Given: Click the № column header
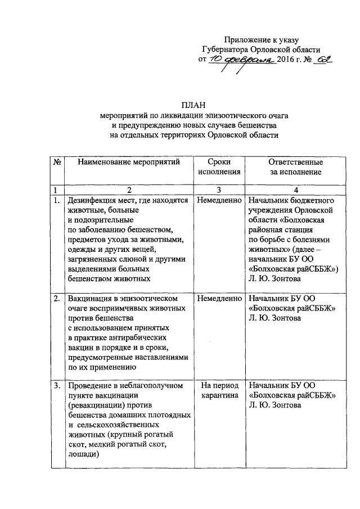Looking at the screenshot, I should [57, 162].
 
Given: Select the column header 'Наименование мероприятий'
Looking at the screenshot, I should [129, 162].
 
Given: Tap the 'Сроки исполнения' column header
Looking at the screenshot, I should [218, 167].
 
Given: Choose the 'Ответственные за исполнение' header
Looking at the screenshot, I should [295, 167].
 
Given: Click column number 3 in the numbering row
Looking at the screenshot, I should [218, 189].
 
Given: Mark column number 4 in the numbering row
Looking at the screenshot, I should [295, 189].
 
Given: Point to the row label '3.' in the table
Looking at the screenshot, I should [57, 386].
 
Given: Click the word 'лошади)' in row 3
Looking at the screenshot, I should [83, 456].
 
